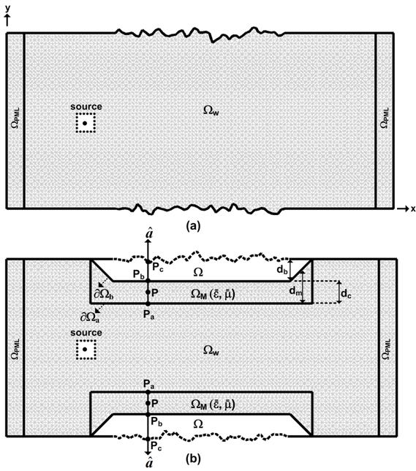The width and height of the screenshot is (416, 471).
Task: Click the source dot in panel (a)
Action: tap(85, 123)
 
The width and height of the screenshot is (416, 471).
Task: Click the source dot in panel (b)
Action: tap(85, 350)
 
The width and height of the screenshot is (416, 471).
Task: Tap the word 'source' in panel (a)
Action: tap(86, 107)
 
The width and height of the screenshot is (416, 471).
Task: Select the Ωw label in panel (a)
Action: tap(211, 111)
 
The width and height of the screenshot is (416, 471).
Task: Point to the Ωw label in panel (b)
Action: tap(211, 350)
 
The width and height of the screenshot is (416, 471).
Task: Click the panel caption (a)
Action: tap(193, 226)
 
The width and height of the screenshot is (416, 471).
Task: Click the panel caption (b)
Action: tap(193, 459)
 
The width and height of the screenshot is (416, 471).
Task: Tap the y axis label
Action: tap(7, 9)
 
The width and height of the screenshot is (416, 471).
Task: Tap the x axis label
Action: tap(413, 208)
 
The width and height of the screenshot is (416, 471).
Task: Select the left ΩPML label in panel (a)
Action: tap(15, 118)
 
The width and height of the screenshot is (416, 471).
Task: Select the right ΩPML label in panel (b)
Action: tap(387, 349)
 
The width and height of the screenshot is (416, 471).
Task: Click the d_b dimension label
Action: tap(282, 270)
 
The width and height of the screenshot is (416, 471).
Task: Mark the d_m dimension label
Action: tap(295, 291)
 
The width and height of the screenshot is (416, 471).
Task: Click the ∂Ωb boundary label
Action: tap(104, 294)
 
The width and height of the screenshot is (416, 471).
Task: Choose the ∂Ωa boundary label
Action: tap(90, 317)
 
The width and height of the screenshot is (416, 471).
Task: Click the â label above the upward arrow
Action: tap(149, 233)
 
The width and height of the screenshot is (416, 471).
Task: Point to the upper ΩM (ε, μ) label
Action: tap(213, 294)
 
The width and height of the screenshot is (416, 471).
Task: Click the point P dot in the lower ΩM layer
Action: tap(148, 403)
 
